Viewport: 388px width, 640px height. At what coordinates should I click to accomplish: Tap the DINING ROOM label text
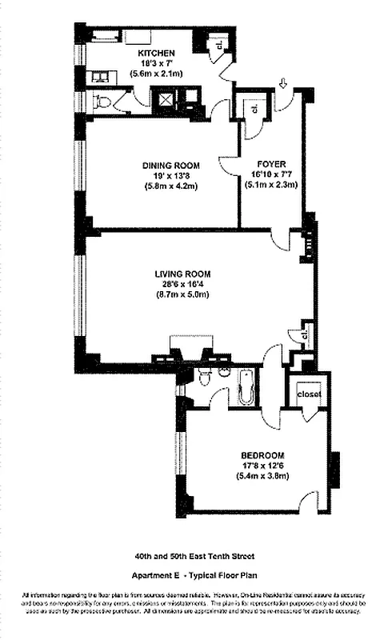pyautogui.click(x=171, y=166)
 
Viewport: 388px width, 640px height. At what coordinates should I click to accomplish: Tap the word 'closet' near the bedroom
pyautogui.click(x=309, y=394)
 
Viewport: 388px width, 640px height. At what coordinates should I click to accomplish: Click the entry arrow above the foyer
pyautogui.click(x=285, y=82)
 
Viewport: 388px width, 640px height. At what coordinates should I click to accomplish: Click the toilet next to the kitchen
pyautogui.click(x=102, y=102)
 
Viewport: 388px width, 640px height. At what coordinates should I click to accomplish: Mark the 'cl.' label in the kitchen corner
pyautogui.click(x=219, y=46)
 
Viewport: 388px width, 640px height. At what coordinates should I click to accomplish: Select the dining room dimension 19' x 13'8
pyautogui.click(x=171, y=176)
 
